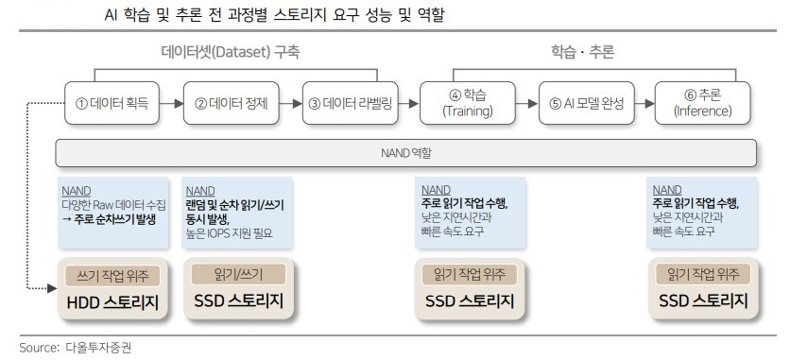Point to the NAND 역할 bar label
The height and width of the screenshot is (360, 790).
406,152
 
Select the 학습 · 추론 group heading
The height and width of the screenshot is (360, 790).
582,53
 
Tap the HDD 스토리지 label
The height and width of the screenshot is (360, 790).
112,302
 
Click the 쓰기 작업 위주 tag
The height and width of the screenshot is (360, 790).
112,276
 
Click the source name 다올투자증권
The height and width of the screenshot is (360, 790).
98,348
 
